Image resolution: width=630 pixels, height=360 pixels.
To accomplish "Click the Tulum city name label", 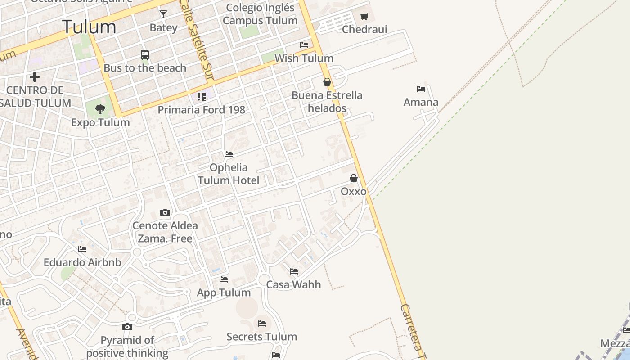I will click(89, 27).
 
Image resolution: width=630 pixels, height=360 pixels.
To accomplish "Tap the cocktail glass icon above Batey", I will click(163, 14).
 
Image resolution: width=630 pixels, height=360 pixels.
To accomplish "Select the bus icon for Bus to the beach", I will click(144, 55).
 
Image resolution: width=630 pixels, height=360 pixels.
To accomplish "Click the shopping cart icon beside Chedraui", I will click(364, 17).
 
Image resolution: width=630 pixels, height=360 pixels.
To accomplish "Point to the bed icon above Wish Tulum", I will click(304, 45).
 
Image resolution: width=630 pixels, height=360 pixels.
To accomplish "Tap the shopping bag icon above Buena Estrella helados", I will click(327, 82).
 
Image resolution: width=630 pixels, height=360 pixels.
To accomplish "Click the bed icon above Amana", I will click(421, 89).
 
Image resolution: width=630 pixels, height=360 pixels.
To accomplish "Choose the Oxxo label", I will click(354, 191).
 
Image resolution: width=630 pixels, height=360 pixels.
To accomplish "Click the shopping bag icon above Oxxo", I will click(354, 178).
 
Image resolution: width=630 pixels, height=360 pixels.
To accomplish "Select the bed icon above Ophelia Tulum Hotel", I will click(229, 154).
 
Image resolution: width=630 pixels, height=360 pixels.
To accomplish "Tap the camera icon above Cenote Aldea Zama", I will click(165, 212).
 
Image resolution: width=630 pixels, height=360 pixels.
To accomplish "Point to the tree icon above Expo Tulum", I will click(100, 109).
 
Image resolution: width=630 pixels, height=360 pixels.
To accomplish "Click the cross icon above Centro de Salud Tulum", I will click(35, 77).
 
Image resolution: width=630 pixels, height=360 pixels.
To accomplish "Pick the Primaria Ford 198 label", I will click(201, 109).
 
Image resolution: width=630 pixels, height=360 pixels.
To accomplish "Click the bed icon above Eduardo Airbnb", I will click(82, 249).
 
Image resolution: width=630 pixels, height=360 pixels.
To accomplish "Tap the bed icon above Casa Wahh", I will click(294, 271).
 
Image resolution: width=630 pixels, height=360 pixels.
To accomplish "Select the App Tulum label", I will click(224, 292).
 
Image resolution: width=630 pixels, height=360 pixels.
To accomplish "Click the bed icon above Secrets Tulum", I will click(262, 324).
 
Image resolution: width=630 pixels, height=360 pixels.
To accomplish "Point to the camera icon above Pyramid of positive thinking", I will click(127, 327).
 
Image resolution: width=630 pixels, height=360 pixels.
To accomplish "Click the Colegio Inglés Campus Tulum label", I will click(260, 14).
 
